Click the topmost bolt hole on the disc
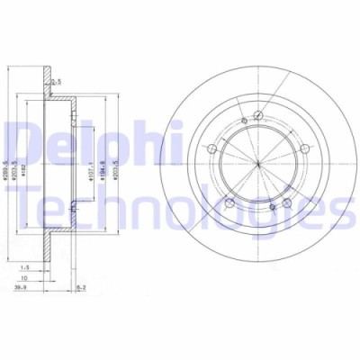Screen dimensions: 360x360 click(257, 114)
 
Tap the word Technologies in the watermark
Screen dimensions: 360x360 click(180, 213)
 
